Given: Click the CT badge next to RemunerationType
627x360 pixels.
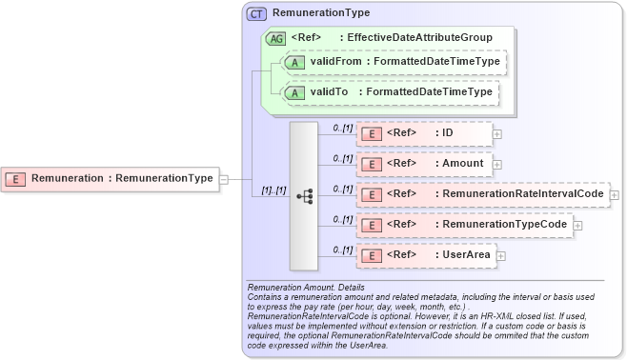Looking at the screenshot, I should click(256, 14).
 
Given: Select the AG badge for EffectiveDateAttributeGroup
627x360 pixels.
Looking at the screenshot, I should click(275, 38).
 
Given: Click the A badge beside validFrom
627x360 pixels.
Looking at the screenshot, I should click(295, 63).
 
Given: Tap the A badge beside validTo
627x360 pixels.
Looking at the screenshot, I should click(295, 92).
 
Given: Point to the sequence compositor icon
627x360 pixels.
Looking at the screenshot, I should click(304, 196).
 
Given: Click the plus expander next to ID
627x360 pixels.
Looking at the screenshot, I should click(497, 134).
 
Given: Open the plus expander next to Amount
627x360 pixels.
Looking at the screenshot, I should click(497, 165).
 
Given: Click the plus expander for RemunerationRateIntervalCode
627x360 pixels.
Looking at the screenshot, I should click(614, 195).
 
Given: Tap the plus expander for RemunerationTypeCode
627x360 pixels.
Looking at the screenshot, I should click(577, 226).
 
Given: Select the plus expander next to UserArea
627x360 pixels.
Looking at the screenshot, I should click(500, 255).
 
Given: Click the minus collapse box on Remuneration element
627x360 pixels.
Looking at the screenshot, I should click(223, 178).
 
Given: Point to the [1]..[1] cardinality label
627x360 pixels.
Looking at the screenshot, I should click(274, 190).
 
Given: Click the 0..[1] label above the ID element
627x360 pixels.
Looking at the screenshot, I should click(342, 127).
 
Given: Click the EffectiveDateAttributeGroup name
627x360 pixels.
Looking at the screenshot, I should click(418, 38).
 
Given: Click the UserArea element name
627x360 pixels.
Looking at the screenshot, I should click(466, 255).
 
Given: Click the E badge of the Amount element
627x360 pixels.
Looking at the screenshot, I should click(371, 164).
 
